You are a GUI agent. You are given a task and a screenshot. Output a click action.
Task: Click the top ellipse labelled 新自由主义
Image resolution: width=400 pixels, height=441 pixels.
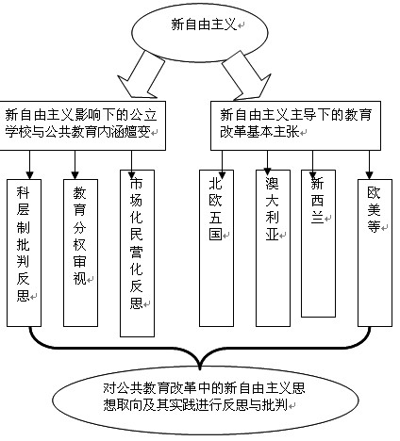[200, 32]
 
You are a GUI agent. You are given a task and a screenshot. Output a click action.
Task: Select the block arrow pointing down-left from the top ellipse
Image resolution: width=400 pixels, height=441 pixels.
[142, 75]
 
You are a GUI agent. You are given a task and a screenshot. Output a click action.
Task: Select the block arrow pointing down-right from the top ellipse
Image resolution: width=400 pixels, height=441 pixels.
[245, 75]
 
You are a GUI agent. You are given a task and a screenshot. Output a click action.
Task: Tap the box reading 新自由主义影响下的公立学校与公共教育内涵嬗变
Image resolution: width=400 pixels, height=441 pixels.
[83, 125]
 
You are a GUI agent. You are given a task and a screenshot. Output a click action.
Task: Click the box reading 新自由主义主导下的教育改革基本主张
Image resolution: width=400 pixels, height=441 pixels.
[295, 125]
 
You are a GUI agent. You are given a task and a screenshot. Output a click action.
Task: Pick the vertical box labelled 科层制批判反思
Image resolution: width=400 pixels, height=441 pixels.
[24, 253]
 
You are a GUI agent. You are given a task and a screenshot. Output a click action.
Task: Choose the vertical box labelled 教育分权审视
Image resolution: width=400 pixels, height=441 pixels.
[80, 253]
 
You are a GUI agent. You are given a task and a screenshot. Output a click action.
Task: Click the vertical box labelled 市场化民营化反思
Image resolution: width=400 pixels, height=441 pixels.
[137, 253]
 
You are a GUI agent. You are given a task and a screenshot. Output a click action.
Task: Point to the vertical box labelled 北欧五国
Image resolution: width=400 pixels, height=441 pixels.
[216, 248]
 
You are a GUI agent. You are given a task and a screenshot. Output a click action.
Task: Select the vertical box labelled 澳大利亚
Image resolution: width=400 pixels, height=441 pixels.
[273, 248]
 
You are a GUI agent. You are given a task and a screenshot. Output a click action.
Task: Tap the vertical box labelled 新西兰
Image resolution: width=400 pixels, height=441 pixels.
[318, 243]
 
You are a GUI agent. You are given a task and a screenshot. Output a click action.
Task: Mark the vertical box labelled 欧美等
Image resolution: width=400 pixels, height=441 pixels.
[375, 253]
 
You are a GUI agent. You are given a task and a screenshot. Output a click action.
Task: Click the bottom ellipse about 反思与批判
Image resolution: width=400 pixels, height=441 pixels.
[206, 400]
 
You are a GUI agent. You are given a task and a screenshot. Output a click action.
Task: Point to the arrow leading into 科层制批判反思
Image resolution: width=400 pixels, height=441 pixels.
[30, 165]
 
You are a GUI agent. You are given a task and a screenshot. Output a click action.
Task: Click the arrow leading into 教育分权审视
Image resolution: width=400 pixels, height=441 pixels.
[75, 165]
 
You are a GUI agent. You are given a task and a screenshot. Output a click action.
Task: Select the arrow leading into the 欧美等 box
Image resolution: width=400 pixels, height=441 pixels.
[370, 165]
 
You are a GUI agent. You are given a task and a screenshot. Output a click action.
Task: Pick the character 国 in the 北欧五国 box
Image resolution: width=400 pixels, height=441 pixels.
[216, 234]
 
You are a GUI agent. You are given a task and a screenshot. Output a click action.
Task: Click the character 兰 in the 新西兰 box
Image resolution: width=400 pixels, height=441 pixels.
[317, 217]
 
